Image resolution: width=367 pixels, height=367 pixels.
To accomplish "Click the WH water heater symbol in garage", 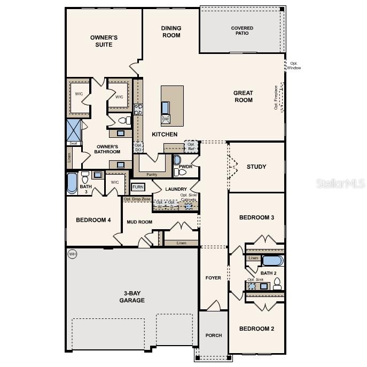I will click(x=73, y=254).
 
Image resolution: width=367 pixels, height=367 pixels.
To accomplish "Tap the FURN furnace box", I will click(x=138, y=187).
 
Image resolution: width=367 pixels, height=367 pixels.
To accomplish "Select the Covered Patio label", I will click(x=242, y=30).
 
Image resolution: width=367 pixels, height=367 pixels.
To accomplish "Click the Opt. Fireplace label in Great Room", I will click(x=277, y=97).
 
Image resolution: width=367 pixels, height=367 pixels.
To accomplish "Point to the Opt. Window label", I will click(x=294, y=66).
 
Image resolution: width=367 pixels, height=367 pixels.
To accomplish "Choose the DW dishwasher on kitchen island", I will click(x=166, y=119).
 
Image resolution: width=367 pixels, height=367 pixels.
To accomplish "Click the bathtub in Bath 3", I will click(x=72, y=183).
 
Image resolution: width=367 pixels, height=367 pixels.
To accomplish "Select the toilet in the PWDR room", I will click(x=181, y=171).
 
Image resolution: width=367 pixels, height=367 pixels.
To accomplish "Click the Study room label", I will click(x=256, y=167).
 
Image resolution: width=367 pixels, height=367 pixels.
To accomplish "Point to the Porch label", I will click(x=214, y=335).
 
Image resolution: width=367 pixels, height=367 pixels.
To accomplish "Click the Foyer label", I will click(x=214, y=278).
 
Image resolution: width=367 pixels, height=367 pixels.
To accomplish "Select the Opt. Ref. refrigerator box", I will click(x=191, y=146).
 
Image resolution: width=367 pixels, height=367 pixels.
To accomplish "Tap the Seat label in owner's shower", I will click(x=73, y=143).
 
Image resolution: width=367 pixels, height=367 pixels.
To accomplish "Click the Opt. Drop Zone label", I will click(x=137, y=199).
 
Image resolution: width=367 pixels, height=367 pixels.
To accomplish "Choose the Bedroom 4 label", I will click(x=93, y=220).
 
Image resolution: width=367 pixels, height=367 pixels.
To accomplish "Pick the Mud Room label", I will click(x=139, y=222).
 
